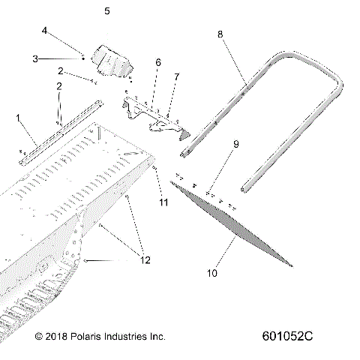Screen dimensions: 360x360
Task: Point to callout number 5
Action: [x=106, y=12]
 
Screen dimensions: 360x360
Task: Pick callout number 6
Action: [x=157, y=63]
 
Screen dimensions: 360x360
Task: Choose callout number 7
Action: [x=176, y=76]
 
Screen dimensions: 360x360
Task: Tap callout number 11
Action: [x=163, y=201]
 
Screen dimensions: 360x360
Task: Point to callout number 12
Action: [x=145, y=260]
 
